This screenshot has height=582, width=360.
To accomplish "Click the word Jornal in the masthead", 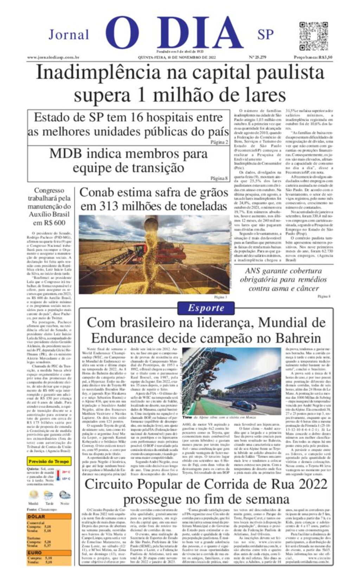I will click(x=69, y=35).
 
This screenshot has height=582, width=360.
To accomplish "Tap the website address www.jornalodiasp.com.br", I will click(x=53, y=57).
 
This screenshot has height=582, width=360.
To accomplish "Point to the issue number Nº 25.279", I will click(x=257, y=57).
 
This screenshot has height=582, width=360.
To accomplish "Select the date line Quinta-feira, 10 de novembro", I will click(x=176, y=57).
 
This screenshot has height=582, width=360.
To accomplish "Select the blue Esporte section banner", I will click(x=206, y=308).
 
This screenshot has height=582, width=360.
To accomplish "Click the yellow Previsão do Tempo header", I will click(x=49, y=461).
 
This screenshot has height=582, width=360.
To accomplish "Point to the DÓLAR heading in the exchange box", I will click(x=36, y=516).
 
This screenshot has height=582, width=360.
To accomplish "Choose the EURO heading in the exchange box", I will click(x=34, y=552).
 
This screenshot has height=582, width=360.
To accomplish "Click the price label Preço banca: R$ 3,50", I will click(x=313, y=57).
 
